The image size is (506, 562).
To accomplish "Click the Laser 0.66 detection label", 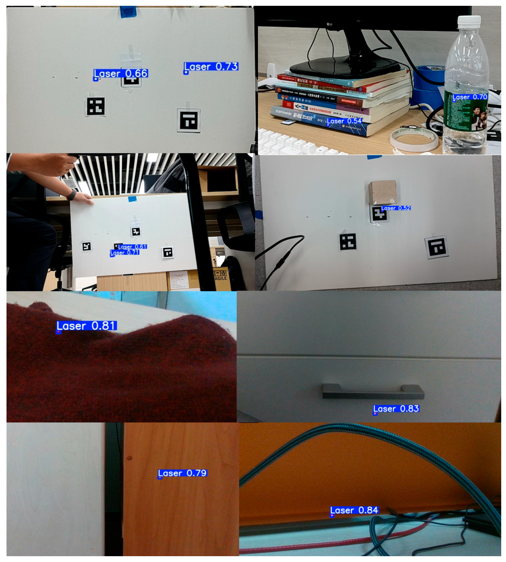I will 121,73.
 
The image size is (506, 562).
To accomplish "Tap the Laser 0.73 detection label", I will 211,67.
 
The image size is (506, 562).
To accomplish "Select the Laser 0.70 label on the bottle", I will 470,97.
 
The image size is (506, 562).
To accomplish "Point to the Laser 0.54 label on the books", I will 344,121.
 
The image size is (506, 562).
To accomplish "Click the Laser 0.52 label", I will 395,208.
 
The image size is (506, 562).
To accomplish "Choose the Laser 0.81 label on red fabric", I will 87,326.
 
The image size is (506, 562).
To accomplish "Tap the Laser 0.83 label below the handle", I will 396,409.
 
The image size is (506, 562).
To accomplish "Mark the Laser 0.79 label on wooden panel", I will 182,473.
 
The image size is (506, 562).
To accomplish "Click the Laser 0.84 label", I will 354,510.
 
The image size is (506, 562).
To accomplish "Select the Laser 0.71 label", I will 125,253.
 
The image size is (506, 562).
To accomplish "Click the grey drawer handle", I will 373,391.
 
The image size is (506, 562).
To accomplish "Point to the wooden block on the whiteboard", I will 382,192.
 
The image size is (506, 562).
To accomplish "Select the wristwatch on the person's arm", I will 72,194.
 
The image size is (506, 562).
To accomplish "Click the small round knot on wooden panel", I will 129,458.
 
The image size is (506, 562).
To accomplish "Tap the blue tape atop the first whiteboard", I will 128,12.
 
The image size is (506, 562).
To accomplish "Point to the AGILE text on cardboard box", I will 221,278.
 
